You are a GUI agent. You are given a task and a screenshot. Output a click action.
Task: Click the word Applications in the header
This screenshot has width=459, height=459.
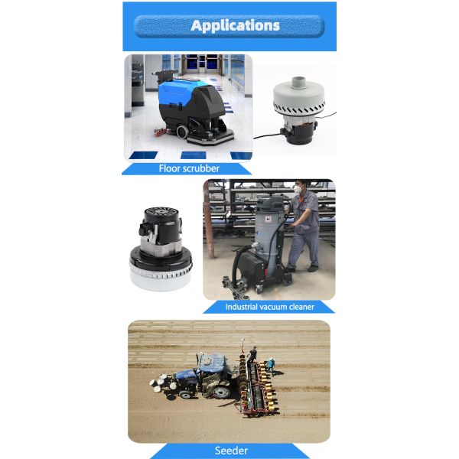(x=235, y=26)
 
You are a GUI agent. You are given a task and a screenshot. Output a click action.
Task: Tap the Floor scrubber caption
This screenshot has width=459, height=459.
(x=189, y=168)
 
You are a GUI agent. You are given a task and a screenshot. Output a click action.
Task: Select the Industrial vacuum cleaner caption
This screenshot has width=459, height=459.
(x=269, y=307)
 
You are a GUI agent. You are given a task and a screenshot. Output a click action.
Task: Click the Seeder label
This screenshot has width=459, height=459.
(x=231, y=451)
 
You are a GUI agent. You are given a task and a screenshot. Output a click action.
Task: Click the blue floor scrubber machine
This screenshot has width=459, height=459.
(x=194, y=111)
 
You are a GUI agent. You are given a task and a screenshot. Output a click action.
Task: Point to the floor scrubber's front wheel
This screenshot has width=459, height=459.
(x=182, y=132)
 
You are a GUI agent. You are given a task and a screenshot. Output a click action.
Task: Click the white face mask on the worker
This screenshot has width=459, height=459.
(x=298, y=190)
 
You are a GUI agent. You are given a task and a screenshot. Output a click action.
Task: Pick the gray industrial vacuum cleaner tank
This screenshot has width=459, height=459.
(x=268, y=231)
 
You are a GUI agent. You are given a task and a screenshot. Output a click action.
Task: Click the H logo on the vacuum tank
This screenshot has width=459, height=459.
(x=268, y=219)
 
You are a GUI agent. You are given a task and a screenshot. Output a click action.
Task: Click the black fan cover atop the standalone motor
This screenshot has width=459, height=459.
(x=161, y=211)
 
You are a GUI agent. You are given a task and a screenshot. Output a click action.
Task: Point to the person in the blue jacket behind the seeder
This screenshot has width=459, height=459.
(x=272, y=366)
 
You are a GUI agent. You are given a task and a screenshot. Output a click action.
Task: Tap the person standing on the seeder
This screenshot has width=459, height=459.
(x=252, y=355)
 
